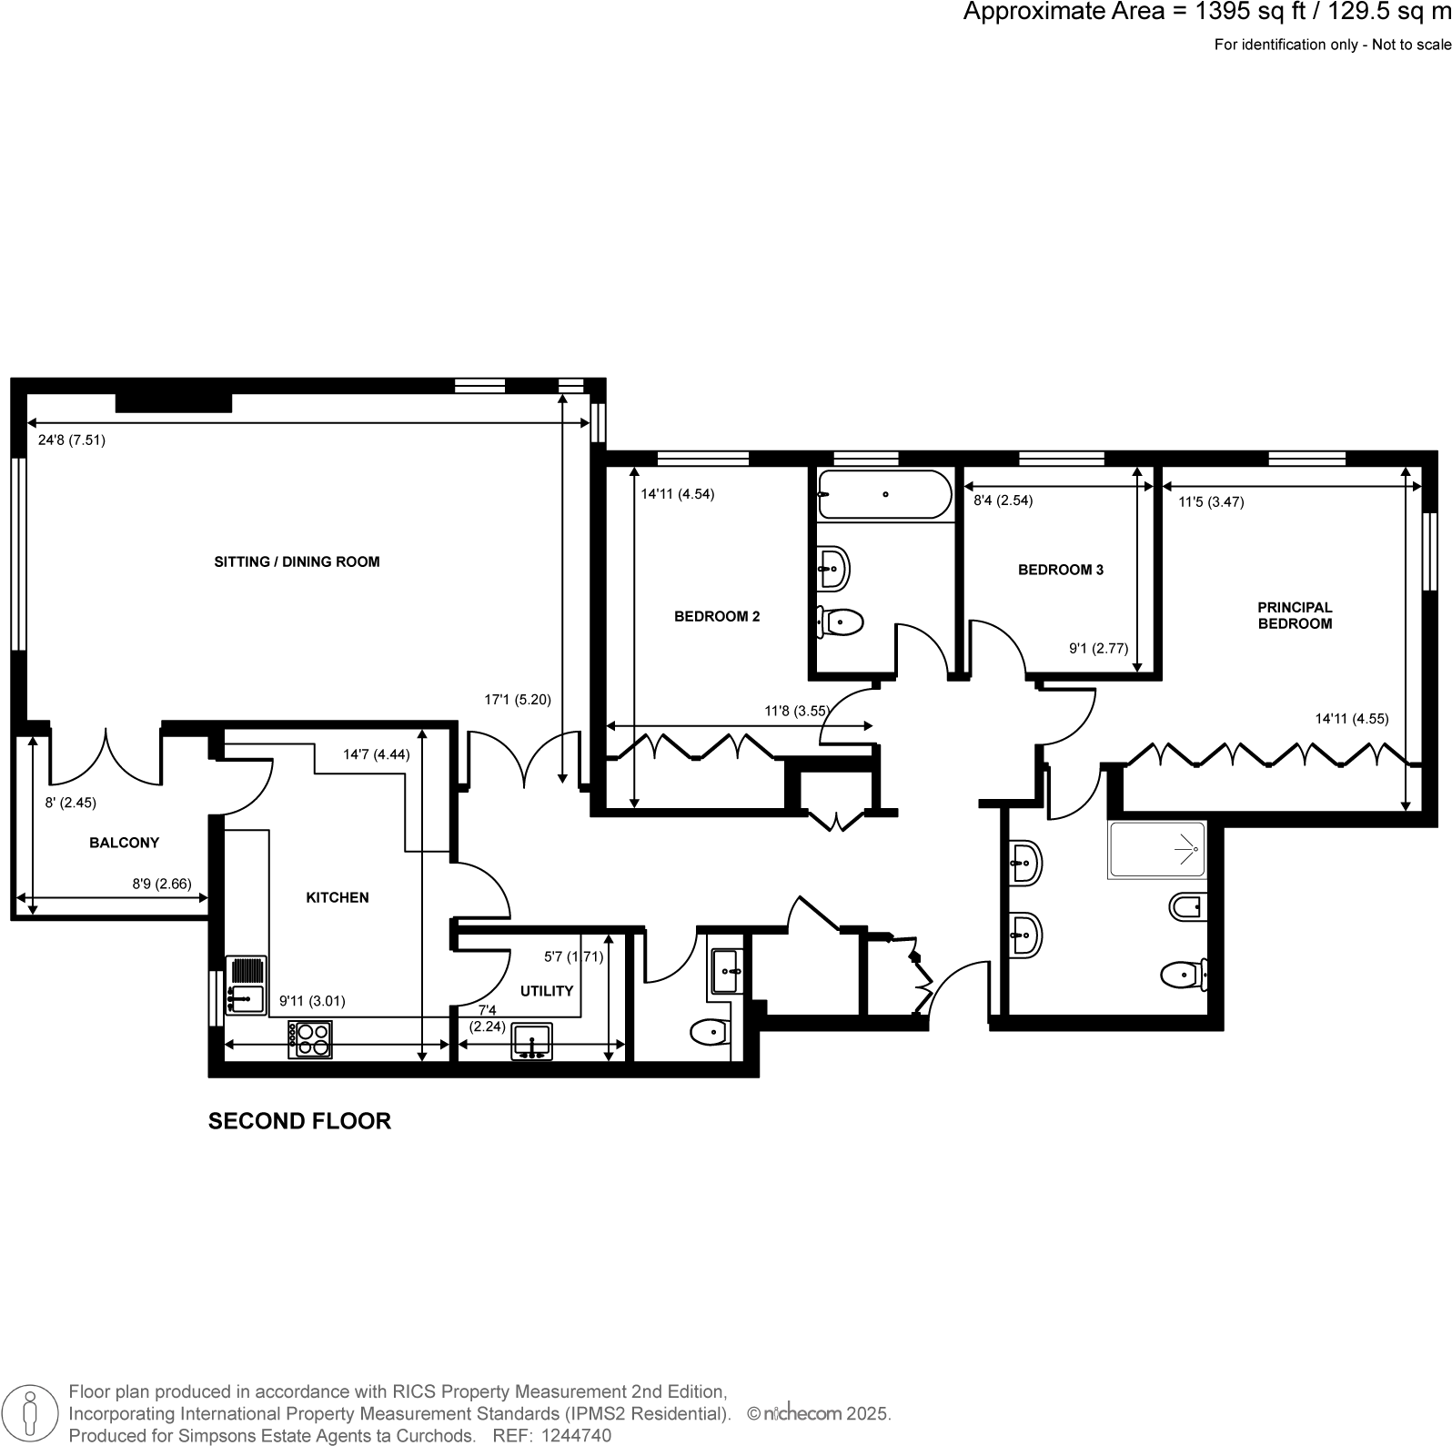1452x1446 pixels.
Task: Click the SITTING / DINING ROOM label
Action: pyautogui.click(x=297, y=561)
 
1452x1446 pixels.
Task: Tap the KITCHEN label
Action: pyautogui.click(x=337, y=897)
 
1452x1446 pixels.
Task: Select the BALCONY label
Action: pyautogui.click(x=124, y=843)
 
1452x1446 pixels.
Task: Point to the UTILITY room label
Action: pyautogui.click(x=547, y=991)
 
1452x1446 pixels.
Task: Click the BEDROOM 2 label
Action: pyautogui.click(x=717, y=616)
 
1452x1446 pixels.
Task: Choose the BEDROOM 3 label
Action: pyautogui.click(x=1060, y=570)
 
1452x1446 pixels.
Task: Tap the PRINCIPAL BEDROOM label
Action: pyautogui.click(x=1294, y=615)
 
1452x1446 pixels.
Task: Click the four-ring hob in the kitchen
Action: pyautogui.click(x=310, y=1039)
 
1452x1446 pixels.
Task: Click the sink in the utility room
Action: pyautogui.click(x=532, y=1041)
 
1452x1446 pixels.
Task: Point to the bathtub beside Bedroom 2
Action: pyautogui.click(x=883, y=494)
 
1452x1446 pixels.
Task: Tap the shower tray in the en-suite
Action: pyautogui.click(x=1156, y=850)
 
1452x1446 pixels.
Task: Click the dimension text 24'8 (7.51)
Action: pyautogui.click(x=72, y=440)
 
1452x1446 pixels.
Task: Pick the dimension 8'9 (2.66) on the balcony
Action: pyautogui.click(x=162, y=883)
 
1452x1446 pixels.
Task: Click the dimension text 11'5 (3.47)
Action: pyautogui.click(x=1211, y=501)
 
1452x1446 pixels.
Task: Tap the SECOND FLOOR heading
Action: pyautogui.click(x=299, y=1121)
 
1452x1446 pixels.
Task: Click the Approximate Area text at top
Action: pyautogui.click(x=1206, y=12)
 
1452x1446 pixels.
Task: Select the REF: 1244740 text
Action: pyautogui.click(x=551, y=1436)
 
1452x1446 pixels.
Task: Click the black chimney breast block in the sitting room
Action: pyautogui.click(x=174, y=402)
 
